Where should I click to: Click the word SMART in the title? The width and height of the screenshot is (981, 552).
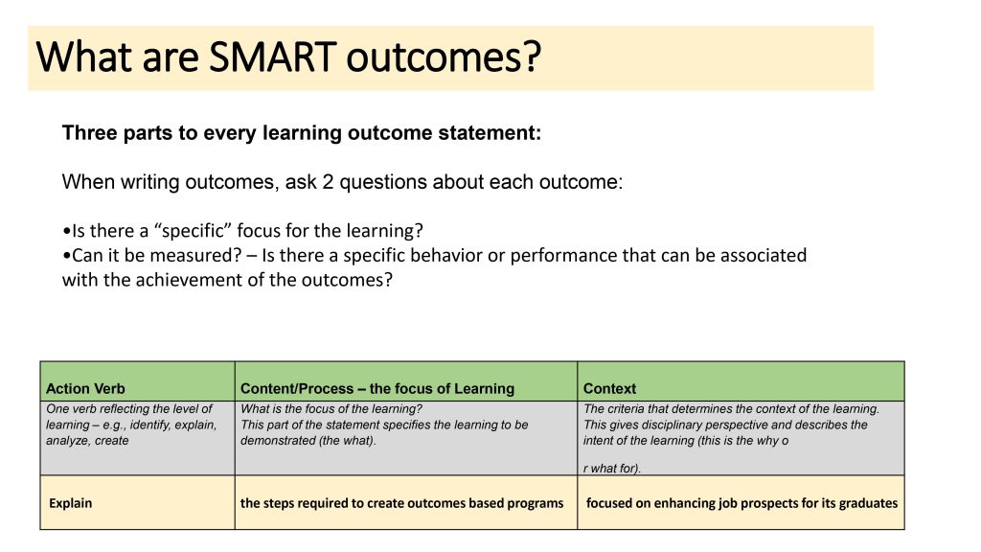(x=272, y=57)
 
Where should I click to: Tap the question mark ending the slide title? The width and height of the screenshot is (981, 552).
(x=532, y=57)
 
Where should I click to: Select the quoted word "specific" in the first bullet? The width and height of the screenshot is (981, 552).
(x=193, y=231)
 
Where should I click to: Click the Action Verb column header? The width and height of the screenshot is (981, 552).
(x=85, y=389)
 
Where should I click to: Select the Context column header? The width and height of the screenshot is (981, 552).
(x=609, y=389)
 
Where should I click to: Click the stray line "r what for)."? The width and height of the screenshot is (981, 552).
(x=612, y=468)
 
